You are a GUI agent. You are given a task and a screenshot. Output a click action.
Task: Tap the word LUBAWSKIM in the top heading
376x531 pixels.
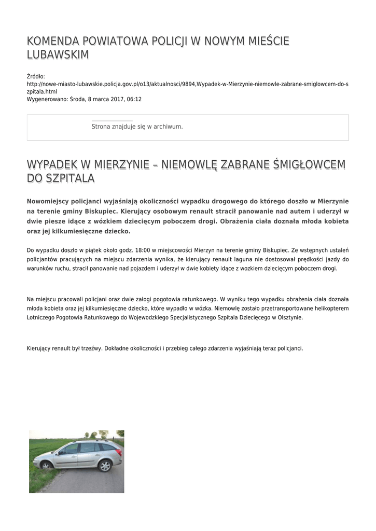click(x=58, y=55)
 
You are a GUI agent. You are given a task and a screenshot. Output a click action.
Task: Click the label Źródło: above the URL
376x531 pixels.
click(x=36, y=76)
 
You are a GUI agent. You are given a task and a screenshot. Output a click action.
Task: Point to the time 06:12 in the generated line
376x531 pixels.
click(x=133, y=99)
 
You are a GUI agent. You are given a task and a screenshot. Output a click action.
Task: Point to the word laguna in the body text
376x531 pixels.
click(x=206, y=259)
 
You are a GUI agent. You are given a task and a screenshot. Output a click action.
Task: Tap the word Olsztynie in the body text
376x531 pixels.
click(x=290, y=317)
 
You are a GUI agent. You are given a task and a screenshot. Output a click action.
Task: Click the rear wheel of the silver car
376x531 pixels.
click(x=105, y=465)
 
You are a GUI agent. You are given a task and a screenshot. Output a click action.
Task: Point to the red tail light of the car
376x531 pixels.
click(x=119, y=452)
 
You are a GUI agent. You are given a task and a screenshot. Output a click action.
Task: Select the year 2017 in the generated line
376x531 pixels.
click(x=113, y=99)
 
